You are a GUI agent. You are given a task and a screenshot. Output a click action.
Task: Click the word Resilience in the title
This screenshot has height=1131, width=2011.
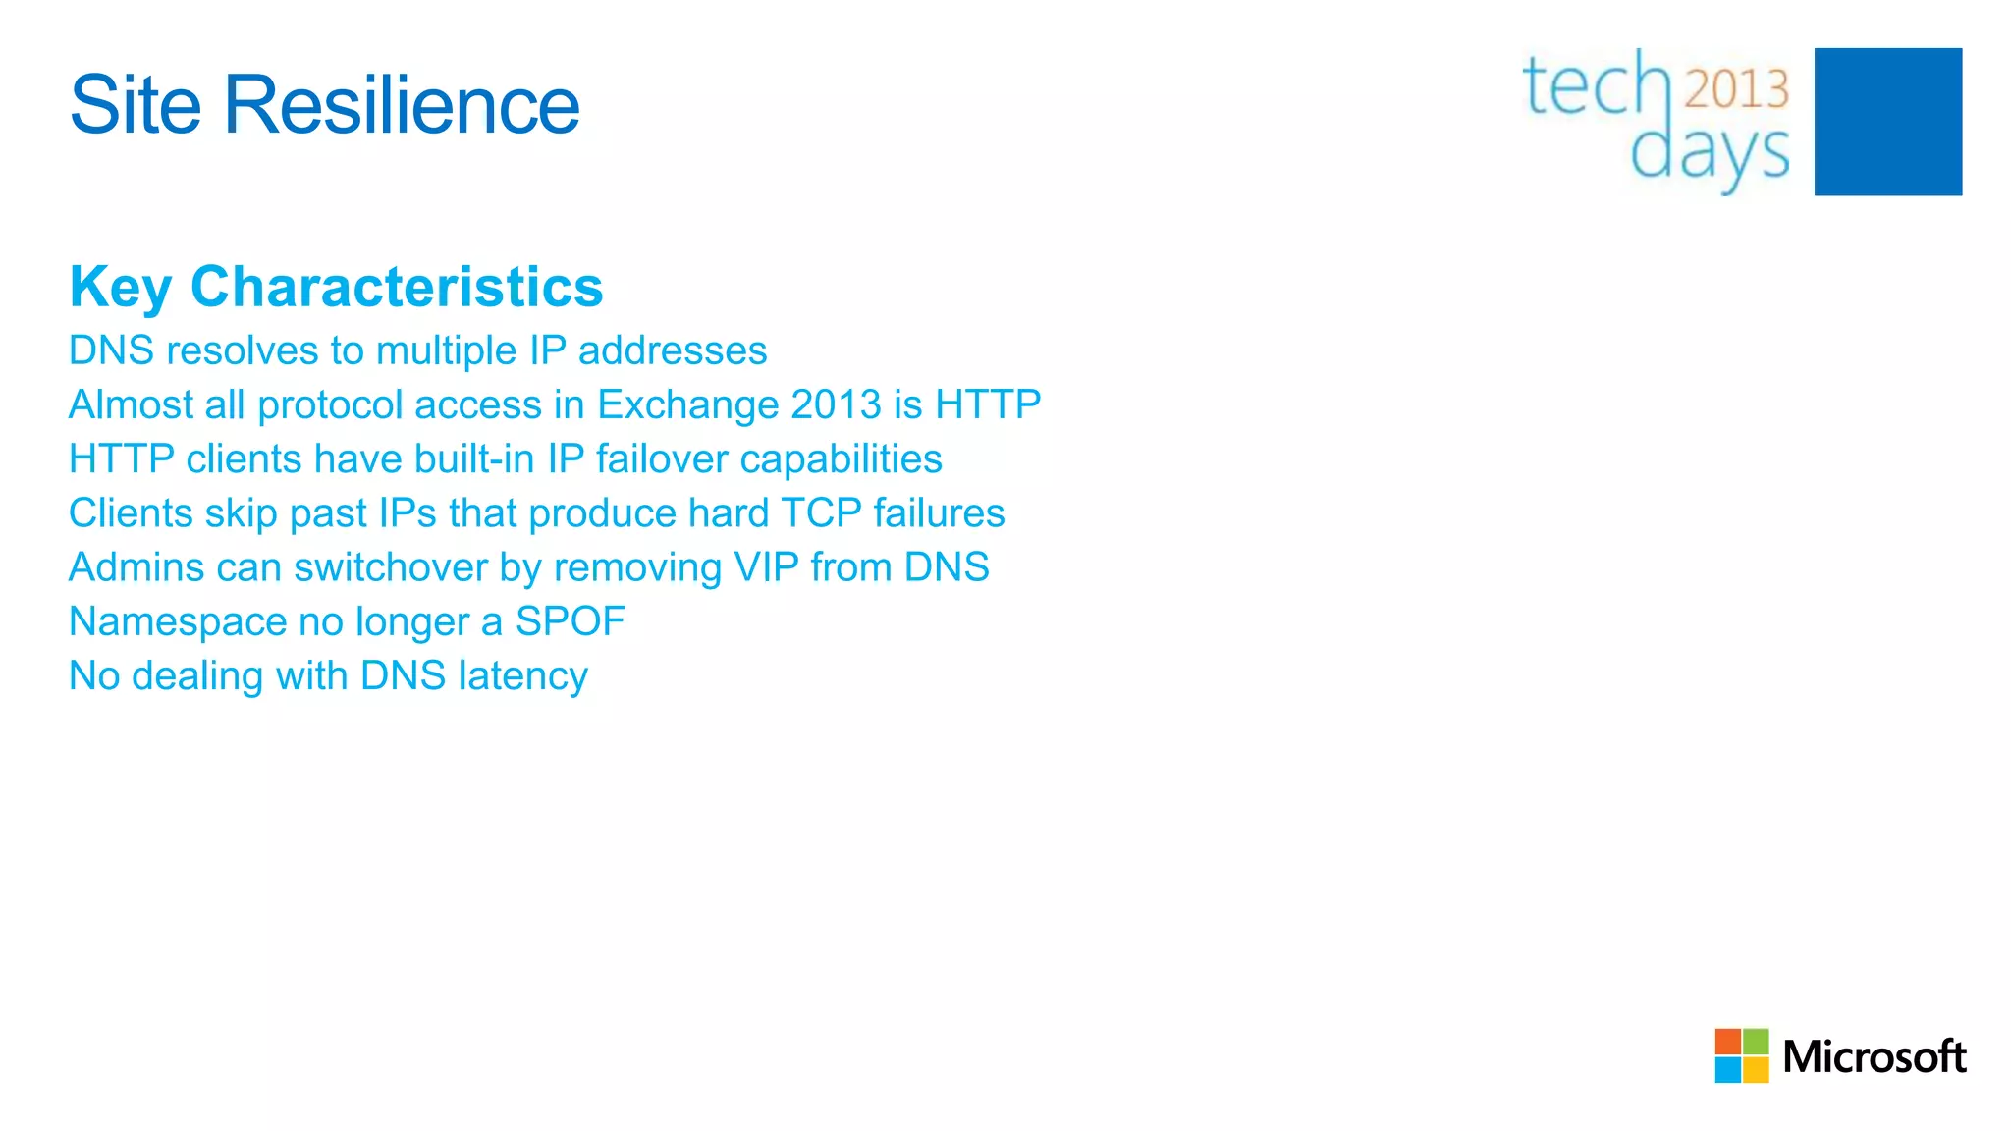click(402, 105)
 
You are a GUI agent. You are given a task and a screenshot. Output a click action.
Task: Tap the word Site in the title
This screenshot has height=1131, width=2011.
click(136, 105)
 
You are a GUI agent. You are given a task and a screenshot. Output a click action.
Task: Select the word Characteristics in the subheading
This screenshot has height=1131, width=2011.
click(397, 287)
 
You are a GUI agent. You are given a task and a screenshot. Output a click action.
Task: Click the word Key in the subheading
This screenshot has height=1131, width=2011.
click(120, 289)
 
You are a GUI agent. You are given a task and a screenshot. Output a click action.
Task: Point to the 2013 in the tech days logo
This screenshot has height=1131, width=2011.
click(1736, 89)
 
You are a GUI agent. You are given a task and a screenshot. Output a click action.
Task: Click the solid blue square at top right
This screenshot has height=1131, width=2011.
click(1887, 122)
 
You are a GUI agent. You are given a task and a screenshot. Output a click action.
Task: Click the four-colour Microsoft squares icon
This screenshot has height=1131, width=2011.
click(1741, 1055)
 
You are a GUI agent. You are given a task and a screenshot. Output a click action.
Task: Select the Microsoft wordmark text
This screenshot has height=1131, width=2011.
click(1874, 1056)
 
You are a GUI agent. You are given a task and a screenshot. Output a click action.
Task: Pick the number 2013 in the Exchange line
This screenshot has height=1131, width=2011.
click(836, 404)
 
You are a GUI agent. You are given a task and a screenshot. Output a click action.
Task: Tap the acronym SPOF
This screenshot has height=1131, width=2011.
click(571, 621)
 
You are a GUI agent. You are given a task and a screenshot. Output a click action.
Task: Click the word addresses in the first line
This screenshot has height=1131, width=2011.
click(673, 350)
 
